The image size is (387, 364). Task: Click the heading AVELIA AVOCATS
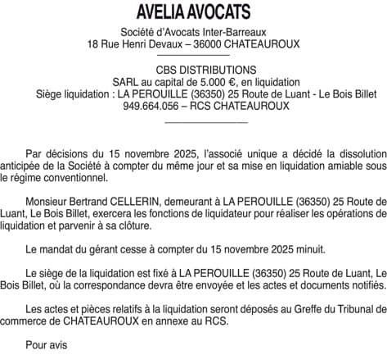pos(194,12)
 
